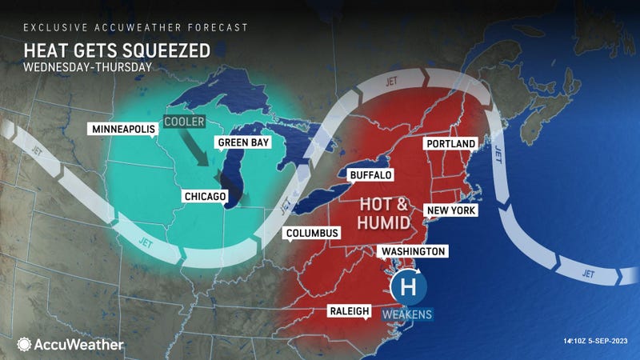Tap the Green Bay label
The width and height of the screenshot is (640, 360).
coord(243,143)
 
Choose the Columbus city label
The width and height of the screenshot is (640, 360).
coord(313,233)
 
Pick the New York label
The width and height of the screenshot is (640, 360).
coord(452,210)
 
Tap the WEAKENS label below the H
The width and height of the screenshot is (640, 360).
coord(408,314)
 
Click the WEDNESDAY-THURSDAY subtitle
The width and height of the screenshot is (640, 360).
coord(78,67)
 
